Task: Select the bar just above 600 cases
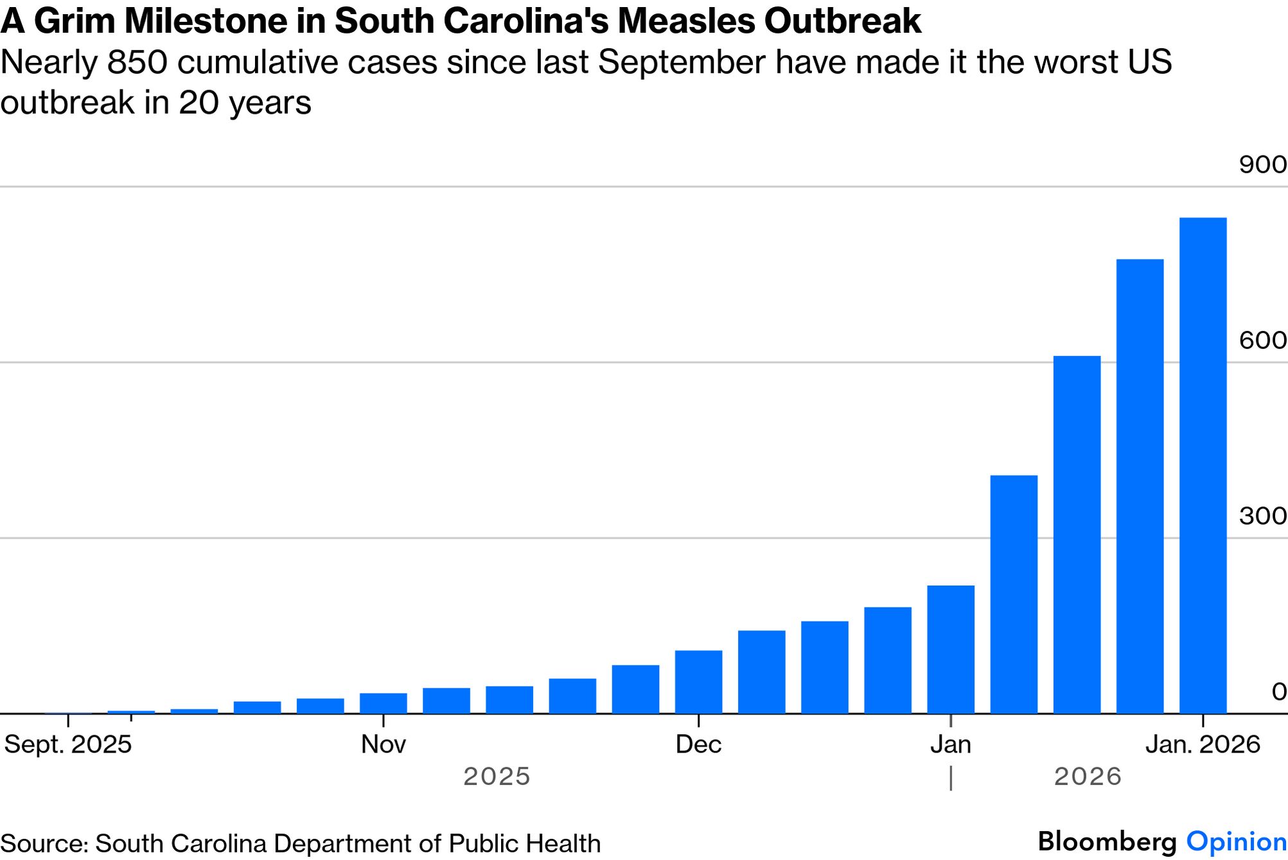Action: [1077, 534]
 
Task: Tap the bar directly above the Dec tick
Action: [698, 681]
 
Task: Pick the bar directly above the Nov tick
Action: [384, 703]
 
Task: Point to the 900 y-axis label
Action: [1262, 165]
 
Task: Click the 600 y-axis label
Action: [1262, 340]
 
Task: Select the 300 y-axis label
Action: [1262, 515]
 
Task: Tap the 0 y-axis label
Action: [1278, 692]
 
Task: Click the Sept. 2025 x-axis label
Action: [68, 744]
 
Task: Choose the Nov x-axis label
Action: [384, 744]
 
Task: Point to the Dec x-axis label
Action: [698, 744]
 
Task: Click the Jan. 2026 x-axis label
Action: [1203, 744]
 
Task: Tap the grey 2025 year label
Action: [497, 776]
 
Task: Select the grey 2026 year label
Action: [1088, 776]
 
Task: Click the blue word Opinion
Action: [1236, 841]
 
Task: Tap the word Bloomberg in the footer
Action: [1107, 841]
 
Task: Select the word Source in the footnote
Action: [44, 843]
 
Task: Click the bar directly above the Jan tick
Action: [951, 649]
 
